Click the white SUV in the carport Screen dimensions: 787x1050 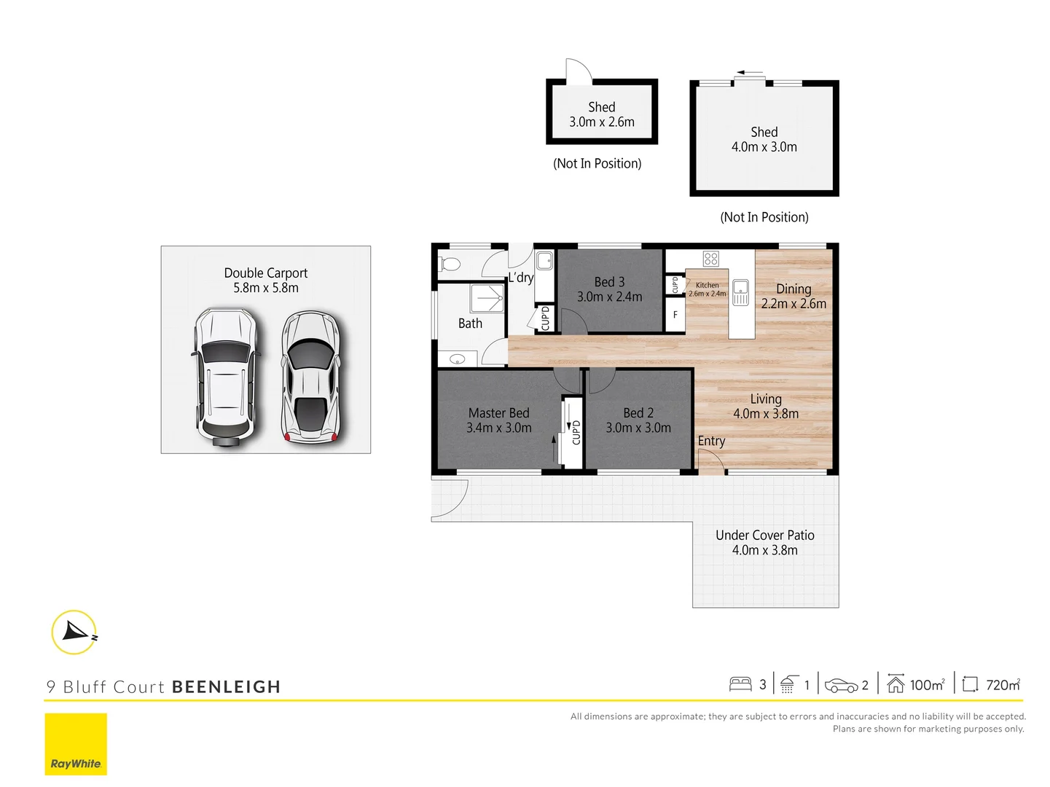coord(225,376)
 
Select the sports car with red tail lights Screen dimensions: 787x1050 coord(311,377)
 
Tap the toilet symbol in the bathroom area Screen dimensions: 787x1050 coord(450,263)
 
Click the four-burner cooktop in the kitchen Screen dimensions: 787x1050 coord(711,258)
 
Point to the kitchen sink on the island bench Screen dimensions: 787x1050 coord(740,292)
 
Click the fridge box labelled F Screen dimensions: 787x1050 coord(675,315)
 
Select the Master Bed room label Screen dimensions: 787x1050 coord(498,413)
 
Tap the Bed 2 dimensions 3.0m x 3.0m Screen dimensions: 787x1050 coord(638,428)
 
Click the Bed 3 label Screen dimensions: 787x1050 coord(609,282)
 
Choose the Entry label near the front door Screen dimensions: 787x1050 coord(711,441)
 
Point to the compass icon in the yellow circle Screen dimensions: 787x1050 coord(74,632)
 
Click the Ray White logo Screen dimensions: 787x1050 coord(76,744)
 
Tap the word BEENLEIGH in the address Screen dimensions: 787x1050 coord(226,687)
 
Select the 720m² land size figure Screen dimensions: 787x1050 coord(1003,685)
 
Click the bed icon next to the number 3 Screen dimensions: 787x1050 coord(740,684)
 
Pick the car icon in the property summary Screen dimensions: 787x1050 coord(841,685)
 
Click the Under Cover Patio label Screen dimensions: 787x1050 coord(764,536)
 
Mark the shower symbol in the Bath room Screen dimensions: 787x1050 coord(487,299)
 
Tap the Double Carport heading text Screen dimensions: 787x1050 coord(265,273)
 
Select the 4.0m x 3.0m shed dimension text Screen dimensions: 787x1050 coord(764,147)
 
